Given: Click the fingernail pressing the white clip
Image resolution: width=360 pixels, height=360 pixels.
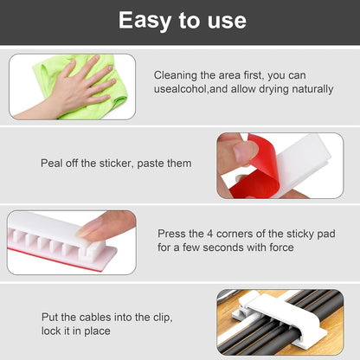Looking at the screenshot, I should (x=91, y=228).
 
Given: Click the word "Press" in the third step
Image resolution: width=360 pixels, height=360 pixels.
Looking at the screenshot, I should (x=171, y=234).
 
